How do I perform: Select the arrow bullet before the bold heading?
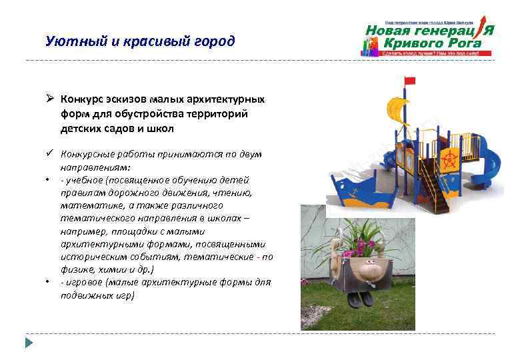pos(49,99)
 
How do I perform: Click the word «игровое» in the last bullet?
pos(84,282)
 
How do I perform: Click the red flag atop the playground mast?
pos(409,81)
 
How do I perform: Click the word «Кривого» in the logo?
pos(413,43)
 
